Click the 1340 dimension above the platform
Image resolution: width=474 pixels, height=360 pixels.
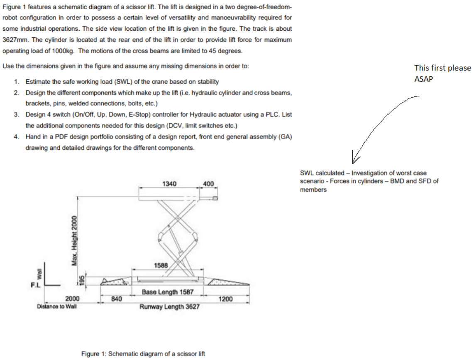pos(168,183)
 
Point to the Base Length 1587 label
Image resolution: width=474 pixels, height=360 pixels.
pos(167,292)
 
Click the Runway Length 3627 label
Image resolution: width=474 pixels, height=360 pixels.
pos(169,307)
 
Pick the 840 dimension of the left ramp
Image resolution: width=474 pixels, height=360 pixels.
pos(117,298)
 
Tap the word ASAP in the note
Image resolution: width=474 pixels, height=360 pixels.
pos(423,79)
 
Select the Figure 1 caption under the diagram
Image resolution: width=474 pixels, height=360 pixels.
pos(143,354)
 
